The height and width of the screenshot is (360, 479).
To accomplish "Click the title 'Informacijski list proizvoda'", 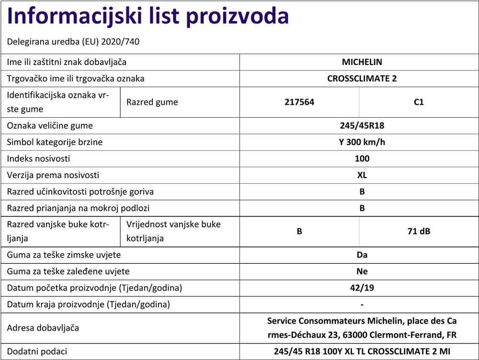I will pyautogui.click(x=148, y=17).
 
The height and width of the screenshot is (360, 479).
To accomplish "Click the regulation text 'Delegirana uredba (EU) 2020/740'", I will pyautogui.click(x=73, y=42).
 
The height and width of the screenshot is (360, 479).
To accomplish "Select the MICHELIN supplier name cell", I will pyautogui.click(x=362, y=62).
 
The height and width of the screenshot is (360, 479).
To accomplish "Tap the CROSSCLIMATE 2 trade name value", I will pyautogui.click(x=362, y=79).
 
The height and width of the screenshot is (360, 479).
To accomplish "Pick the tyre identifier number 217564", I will pyautogui.click(x=299, y=102).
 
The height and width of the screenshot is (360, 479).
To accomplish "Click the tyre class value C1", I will pyautogui.click(x=418, y=102).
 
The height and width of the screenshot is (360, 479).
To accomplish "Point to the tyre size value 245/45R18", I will pyautogui.click(x=362, y=126).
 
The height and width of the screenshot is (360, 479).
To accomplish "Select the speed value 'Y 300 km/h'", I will pyautogui.click(x=362, y=142).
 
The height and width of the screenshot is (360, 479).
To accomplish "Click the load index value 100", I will pyautogui.click(x=362, y=158).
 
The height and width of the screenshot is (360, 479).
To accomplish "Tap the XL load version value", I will pyautogui.click(x=362, y=175).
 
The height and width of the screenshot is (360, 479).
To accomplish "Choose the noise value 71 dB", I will pyautogui.click(x=418, y=232).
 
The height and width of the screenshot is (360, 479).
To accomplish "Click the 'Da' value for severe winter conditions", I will pyautogui.click(x=362, y=255).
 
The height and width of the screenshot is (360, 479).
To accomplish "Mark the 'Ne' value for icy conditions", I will pyautogui.click(x=362, y=271).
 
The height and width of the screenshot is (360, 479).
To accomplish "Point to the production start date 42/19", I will pyautogui.click(x=362, y=288).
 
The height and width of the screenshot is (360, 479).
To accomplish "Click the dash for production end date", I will pyautogui.click(x=362, y=305).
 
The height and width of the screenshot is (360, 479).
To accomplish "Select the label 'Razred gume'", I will pyautogui.click(x=152, y=102).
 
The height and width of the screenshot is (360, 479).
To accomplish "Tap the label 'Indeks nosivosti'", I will pyautogui.click(x=38, y=158).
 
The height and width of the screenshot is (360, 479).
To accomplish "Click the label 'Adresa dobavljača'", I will pyautogui.click(x=43, y=328).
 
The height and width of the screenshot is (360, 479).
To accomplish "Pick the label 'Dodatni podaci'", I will pyautogui.click(x=37, y=351).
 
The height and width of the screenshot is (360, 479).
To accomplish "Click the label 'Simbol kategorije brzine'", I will pyautogui.click(x=55, y=142).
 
